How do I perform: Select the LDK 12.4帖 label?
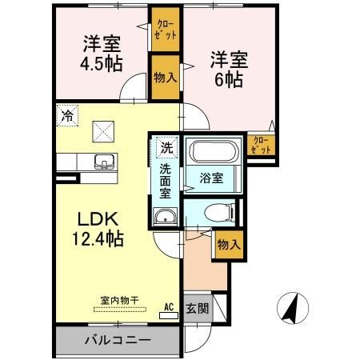tap(100, 227)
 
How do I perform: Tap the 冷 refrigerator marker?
tap(68, 116)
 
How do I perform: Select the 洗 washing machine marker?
tap(165, 147)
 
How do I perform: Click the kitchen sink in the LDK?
tap(104, 162)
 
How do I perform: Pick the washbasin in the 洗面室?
tap(166, 216)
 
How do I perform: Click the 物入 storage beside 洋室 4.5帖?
tap(166, 77)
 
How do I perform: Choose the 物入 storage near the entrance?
tap(227, 246)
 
